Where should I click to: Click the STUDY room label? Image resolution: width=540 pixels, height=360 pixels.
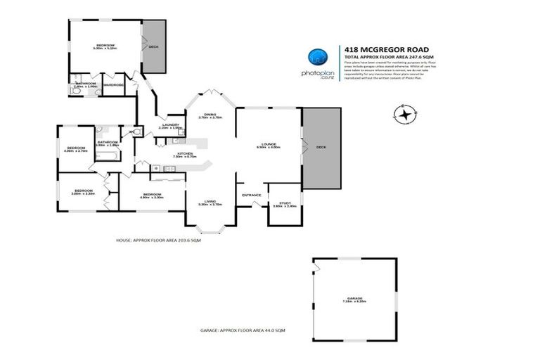[x=285, y=204]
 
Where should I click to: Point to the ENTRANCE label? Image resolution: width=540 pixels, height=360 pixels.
[x=251, y=195]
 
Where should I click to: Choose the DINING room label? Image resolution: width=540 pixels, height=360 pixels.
[x=210, y=115]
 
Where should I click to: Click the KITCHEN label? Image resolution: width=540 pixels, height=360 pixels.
[x=185, y=154]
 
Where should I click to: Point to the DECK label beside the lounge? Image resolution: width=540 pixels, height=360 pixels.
[x=321, y=147]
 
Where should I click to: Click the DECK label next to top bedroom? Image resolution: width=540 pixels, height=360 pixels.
[x=153, y=46]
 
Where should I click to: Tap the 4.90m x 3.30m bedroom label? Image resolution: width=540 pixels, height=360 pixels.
[x=152, y=195]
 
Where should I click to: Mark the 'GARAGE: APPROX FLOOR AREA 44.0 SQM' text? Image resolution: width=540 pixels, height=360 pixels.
[x=242, y=330]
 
